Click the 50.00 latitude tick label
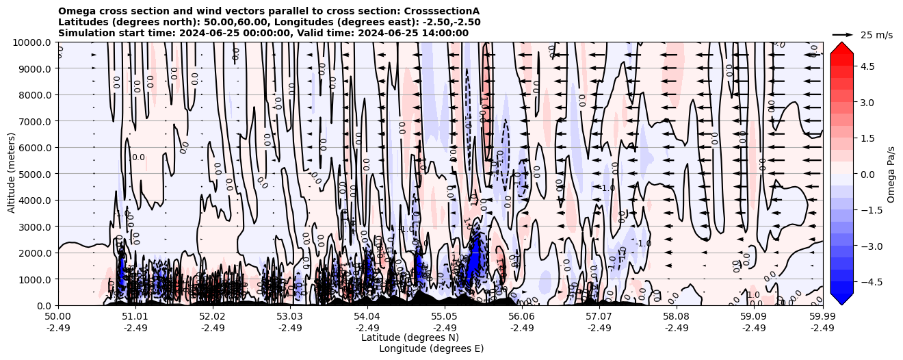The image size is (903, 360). point(58,317)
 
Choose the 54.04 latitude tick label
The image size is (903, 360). point(367,317)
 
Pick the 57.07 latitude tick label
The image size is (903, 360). point(599,317)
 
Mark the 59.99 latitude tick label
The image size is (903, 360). point(822,317)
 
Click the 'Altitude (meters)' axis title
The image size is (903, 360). point(12,174)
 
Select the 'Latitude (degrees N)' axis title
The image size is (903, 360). point(410,337)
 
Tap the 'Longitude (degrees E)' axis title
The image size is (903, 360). point(431,348)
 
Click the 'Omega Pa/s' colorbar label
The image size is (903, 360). point(891,174)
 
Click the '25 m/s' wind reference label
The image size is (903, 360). point(876,35)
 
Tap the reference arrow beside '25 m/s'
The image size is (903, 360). point(842,34)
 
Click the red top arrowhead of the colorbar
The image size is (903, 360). point(841,47)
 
